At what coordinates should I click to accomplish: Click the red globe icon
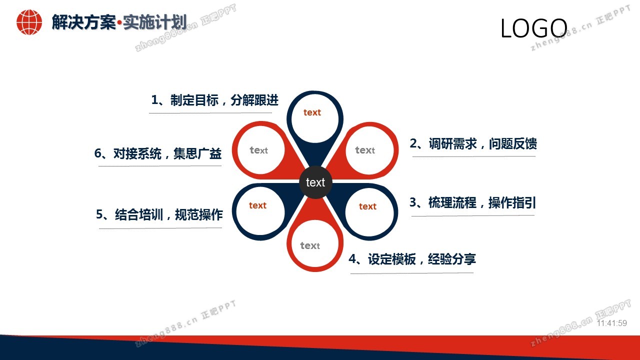tap(29, 22)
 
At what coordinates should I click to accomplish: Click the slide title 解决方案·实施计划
tap(119, 22)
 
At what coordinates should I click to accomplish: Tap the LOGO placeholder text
tap(533, 28)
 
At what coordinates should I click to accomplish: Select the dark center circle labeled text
tap(315, 182)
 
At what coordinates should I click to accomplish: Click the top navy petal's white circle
tap(315, 118)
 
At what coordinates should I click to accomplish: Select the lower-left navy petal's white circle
tap(260, 211)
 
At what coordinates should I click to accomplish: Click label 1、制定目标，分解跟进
tap(214, 100)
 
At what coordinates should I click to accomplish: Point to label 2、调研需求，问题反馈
tap(473, 143)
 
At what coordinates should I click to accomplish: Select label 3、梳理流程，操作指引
tap(472, 203)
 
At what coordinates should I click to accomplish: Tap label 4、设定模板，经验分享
tap(412, 259)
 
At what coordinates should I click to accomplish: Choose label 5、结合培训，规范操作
tap(159, 214)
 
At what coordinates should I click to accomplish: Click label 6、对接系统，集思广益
tap(158, 153)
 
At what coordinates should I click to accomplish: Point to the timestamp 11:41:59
tap(611, 323)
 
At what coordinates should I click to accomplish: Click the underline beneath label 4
tap(412, 273)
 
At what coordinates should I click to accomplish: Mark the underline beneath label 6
tap(160, 165)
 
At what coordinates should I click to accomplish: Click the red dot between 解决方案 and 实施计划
tap(119, 22)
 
